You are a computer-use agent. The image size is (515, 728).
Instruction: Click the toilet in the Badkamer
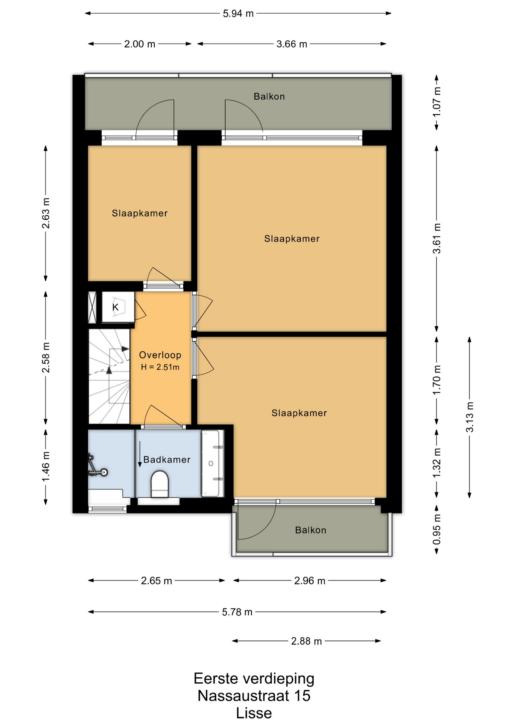pyautogui.click(x=160, y=484)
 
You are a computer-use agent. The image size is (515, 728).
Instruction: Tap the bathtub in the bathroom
pyautogui.click(x=212, y=463)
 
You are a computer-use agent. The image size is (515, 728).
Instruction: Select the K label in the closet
pyautogui.click(x=116, y=307)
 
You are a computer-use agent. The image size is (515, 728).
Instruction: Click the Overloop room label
pyautogui.click(x=160, y=355)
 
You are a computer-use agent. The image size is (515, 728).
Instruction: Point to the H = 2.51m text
pyautogui.click(x=160, y=367)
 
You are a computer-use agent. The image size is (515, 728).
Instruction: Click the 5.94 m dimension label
pyautogui.click(x=238, y=14)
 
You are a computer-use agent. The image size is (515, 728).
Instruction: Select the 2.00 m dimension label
pyautogui.click(x=140, y=44)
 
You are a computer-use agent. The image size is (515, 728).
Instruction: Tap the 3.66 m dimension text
pyautogui.click(x=292, y=44)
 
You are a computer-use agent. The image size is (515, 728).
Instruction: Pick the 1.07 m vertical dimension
pyautogui.click(x=437, y=102)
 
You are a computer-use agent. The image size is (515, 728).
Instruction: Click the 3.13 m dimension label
pyautogui.click(x=470, y=417)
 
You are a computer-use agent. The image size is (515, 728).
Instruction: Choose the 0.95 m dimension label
pyautogui.click(x=437, y=529)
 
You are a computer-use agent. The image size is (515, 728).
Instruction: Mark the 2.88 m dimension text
pyautogui.click(x=306, y=641)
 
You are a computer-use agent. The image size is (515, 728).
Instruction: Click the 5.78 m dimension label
pyautogui.click(x=237, y=612)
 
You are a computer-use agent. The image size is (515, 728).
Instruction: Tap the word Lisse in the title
pyautogui.click(x=254, y=713)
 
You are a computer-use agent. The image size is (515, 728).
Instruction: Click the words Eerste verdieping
pyautogui.click(x=254, y=679)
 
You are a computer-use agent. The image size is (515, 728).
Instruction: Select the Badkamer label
pyautogui.click(x=167, y=460)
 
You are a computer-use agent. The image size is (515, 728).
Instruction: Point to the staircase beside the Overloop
pyautogui.click(x=109, y=376)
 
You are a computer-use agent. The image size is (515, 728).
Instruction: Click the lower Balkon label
pyautogui.click(x=311, y=530)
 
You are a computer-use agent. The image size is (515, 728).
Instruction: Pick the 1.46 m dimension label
pyautogui.click(x=46, y=467)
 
